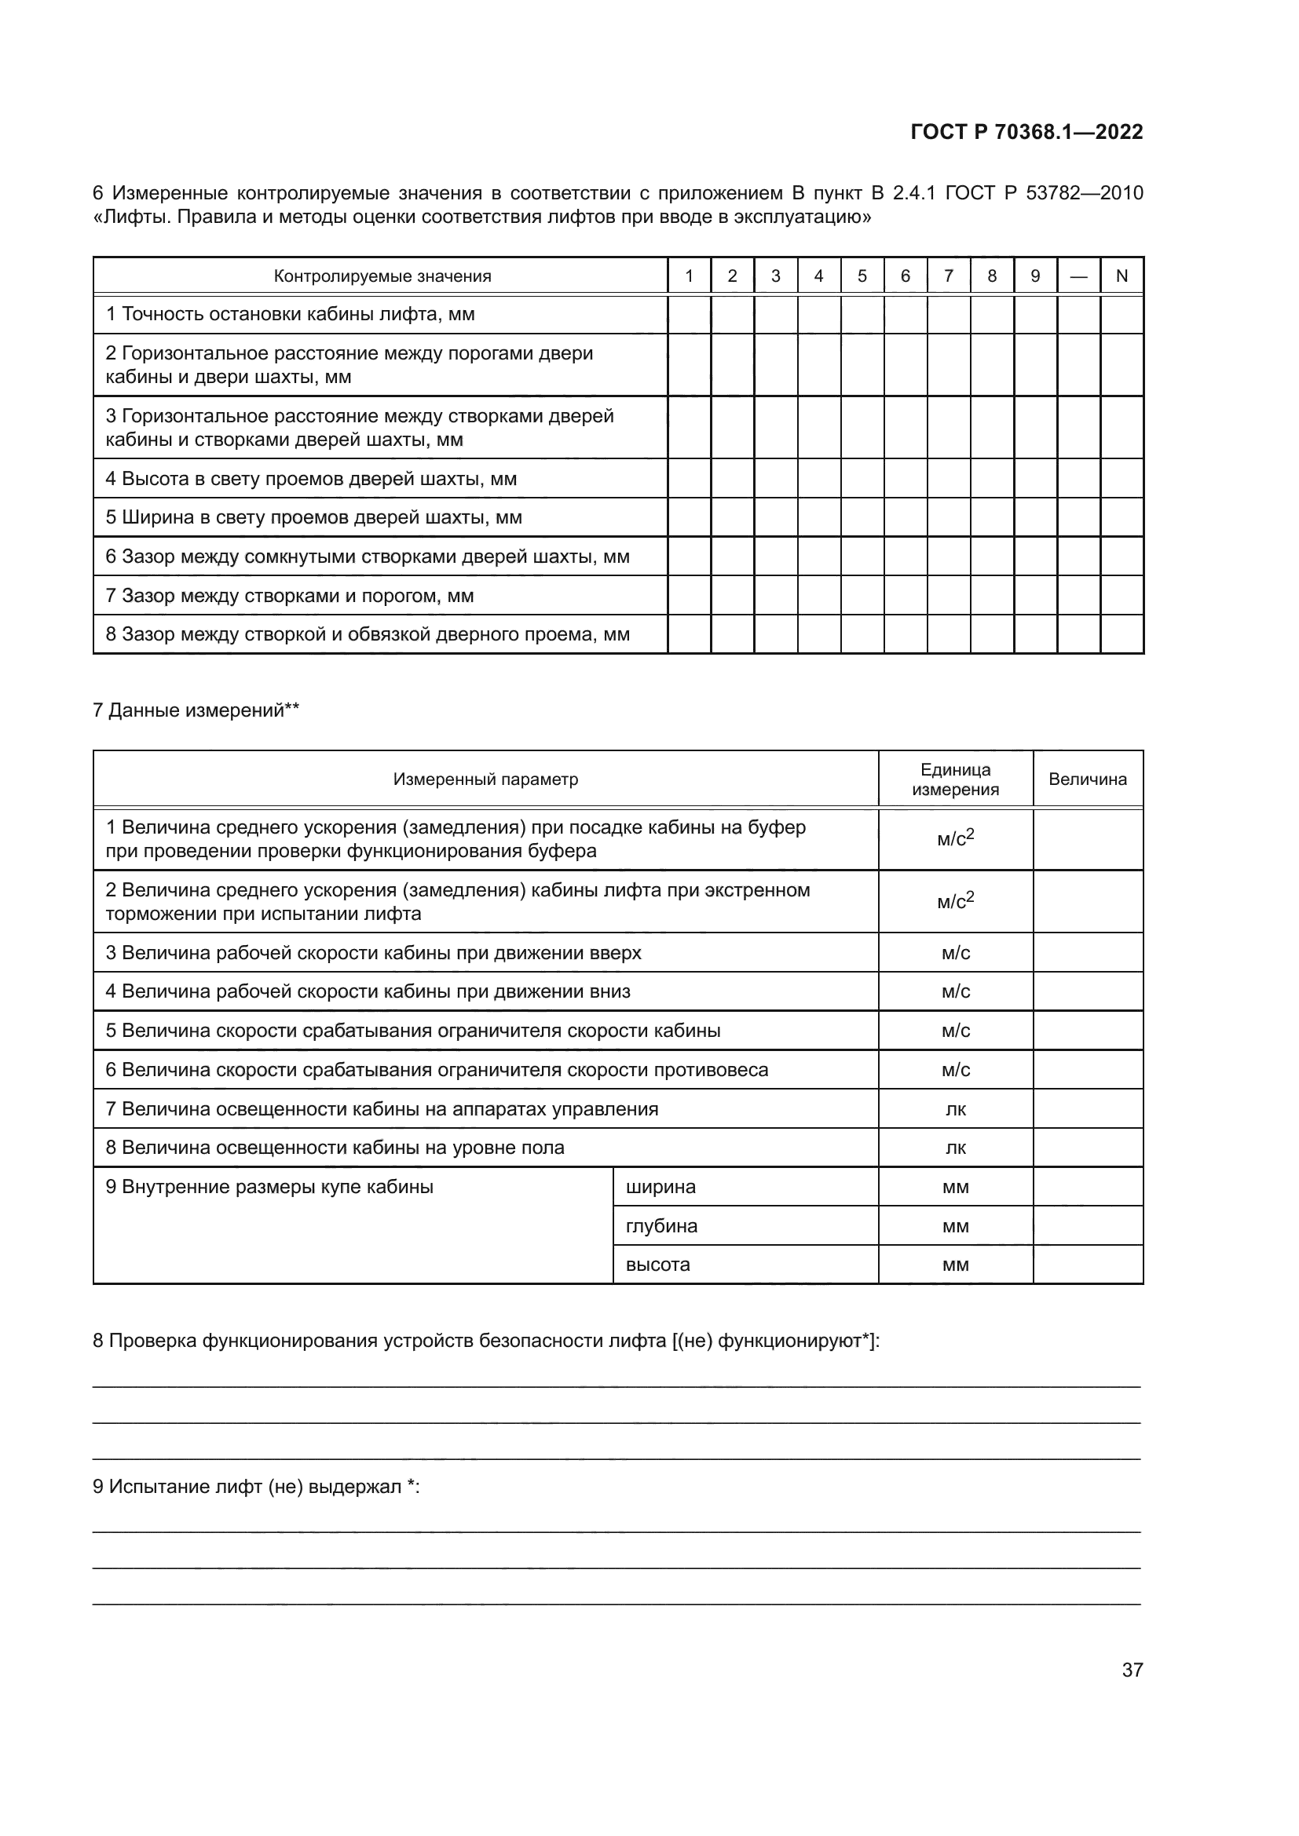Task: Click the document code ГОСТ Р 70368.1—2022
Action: [x=1026, y=132]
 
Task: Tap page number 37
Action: [x=1132, y=1670]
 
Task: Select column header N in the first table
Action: [x=1122, y=276]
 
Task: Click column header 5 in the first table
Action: [x=862, y=276]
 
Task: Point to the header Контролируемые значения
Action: [x=382, y=276]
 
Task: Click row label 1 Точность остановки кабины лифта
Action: [x=290, y=314]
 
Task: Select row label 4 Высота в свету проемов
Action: [x=310, y=479]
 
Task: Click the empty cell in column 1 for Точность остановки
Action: [x=689, y=314]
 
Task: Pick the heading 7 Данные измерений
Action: [x=196, y=710]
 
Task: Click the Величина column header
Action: [x=1087, y=779]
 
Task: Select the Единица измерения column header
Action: [x=955, y=779]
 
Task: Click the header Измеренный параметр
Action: [x=485, y=779]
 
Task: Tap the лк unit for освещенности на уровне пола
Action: [x=955, y=1148]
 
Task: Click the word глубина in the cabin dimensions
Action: [x=661, y=1226]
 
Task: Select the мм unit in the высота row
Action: [x=955, y=1265]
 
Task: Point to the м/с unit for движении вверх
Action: [x=955, y=952]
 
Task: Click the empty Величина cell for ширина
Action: [x=1087, y=1187]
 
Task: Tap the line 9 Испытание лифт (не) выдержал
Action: [x=256, y=1487]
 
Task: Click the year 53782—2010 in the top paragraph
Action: [x=1084, y=193]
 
